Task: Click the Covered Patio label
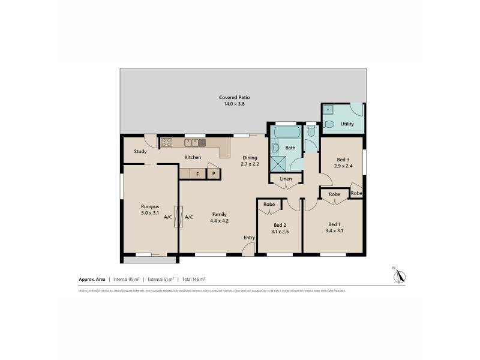tap(234, 97)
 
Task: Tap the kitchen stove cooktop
tap(166, 143)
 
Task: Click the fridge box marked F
tap(197, 174)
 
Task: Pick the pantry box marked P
tap(214, 174)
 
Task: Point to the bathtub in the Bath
tap(286, 132)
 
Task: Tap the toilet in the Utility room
tap(328, 125)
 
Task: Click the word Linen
tap(286, 179)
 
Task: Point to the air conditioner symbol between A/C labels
tap(178, 217)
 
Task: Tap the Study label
tap(140, 151)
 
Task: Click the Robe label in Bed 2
tap(269, 205)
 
